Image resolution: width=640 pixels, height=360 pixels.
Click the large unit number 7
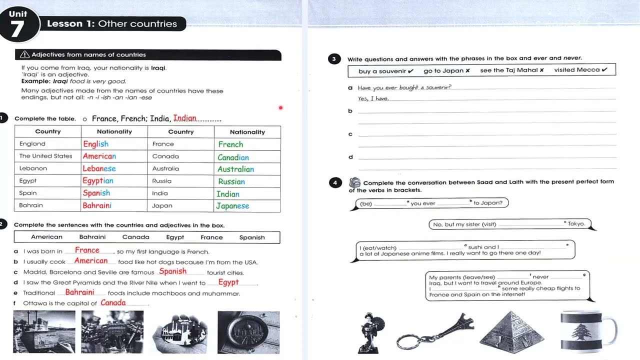point(17,28)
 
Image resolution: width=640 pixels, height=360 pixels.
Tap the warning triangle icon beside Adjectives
point(25,55)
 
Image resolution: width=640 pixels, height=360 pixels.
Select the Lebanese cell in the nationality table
point(99,169)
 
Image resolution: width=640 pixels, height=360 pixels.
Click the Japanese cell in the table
point(232,206)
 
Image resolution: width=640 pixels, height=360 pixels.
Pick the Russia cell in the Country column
point(162,181)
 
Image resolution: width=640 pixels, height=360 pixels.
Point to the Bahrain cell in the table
point(31,205)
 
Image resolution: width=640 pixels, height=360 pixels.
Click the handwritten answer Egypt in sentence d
point(228,282)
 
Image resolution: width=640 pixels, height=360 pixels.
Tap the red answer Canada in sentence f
point(113,303)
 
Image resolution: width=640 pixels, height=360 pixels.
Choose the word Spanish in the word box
point(252,237)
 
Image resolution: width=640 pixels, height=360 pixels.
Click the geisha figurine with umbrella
point(371,332)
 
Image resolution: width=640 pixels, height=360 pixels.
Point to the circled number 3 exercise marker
point(334,59)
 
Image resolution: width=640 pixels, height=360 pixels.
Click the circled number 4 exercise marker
point(335,182)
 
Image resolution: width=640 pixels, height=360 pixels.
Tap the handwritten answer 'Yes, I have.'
point(373,99)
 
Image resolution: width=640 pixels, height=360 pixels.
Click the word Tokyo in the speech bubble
point(576,224)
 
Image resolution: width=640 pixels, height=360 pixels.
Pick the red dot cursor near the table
point(280,107)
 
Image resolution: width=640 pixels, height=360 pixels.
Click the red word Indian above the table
point(185,118)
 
